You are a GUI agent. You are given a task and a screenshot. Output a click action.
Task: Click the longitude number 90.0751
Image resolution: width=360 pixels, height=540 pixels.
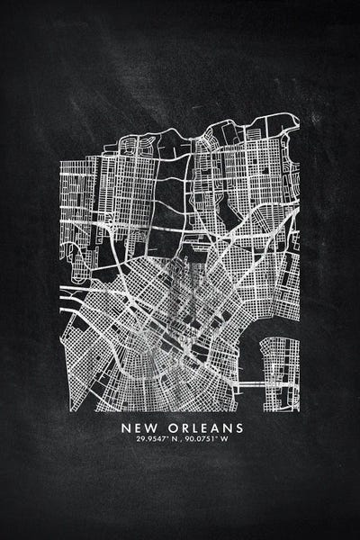tap(202, 439)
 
